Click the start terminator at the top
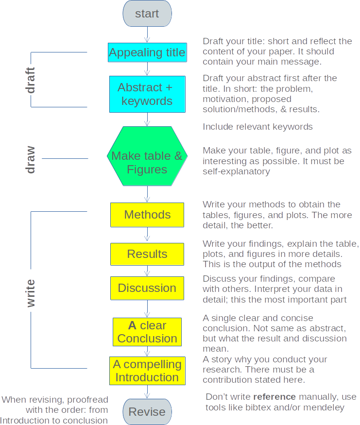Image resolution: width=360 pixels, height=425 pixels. click(147, 14)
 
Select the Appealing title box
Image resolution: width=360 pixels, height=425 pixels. click(147, 52)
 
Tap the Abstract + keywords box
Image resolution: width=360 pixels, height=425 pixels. click(147, 94)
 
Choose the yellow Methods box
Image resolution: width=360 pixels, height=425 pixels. click(147, 215)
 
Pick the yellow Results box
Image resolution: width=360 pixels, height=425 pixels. click(147, 254)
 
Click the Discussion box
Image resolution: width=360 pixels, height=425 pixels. click(147, 288)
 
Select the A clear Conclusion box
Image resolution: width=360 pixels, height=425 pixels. click(147, 332)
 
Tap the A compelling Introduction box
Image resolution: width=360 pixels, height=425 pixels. click(147, 371)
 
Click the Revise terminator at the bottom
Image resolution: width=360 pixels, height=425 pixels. click(147, 412)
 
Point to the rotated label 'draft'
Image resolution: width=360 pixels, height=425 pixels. click(31, 80)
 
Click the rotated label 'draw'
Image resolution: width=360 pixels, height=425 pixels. click(31, 159)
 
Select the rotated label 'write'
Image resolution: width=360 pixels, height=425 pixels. click(31, 293)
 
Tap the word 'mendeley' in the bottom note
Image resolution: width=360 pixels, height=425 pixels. click(326, 408)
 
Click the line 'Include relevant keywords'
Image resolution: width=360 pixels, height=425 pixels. click(257, 127)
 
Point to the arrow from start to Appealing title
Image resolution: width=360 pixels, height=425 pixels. click(147, 35)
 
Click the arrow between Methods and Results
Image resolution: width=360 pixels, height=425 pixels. click(147, 235)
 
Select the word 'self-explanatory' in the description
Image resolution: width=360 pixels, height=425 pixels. click(236, 171)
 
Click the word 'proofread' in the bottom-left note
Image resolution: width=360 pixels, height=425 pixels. click(87, 400)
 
